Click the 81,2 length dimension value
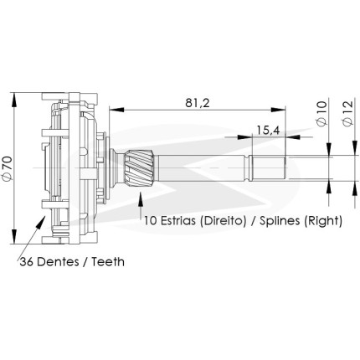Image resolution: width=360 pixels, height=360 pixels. pyautogui.click(x=198, y=103)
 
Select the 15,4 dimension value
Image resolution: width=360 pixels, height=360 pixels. pyautogui.click(x=268, y=130)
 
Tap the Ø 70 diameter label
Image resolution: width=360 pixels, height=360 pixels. pyautogui.click(x=8, y=168)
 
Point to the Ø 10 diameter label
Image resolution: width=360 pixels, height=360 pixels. pyautogui.click(x=321, y=114)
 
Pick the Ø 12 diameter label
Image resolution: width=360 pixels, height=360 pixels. pyautogui.click(x=347, y=114)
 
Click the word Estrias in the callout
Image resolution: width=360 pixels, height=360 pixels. pyautogui.click(x=177, y=221)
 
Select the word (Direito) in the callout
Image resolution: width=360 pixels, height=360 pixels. pyautogui.click(x=223, y=221)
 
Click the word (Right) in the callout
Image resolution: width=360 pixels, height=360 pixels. pyautogui.click(x=323, y=221)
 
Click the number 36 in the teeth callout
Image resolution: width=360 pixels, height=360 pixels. pyautogui.click(x=27, y=262)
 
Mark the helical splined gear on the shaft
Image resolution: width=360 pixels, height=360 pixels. pyautogui.click(x=140, y=168)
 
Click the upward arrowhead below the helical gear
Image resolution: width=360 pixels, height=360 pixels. pyautogui.click(x=140, y=198)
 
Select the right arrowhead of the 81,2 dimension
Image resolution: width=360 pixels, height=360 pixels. pyautogui.click(x=278, y=110)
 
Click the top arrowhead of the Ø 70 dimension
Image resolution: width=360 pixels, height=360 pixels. pyautogui.click(x=13, y=100)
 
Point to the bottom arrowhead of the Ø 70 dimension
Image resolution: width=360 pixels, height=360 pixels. pyautogui.click(x=13, y=237)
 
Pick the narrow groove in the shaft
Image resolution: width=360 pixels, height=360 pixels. pyautogui.click(x=247, y=168)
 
